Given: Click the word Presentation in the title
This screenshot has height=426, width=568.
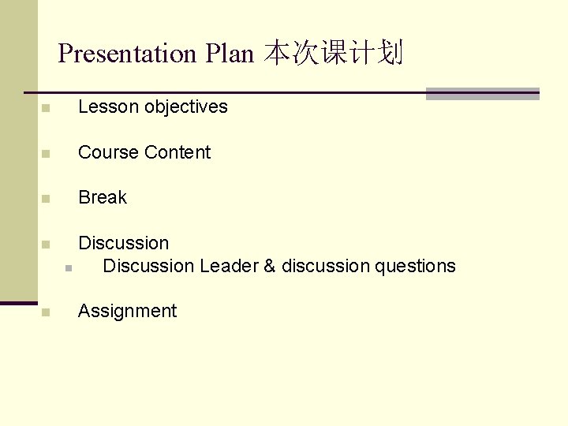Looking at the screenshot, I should pos(127,54).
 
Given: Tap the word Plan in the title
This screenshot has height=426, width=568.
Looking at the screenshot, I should pos(230,54).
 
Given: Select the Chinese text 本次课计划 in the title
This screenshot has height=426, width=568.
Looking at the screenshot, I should pos(334,54).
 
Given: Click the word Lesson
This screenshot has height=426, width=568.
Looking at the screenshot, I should pos(108,107).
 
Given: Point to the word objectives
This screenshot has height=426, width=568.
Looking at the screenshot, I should pos(186,107).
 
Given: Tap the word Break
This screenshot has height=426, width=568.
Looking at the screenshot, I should pos(103,197).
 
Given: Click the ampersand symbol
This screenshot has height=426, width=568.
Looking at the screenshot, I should pos(270,266).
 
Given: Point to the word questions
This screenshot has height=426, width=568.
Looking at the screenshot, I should pos(415,266).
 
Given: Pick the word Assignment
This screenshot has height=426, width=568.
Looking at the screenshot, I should pos(127,311).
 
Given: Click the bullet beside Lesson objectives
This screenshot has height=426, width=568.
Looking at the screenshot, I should pos(47,108).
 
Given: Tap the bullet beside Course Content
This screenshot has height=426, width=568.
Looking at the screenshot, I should pos(47,154).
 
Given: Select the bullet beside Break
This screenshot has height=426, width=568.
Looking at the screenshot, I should pos(47,199).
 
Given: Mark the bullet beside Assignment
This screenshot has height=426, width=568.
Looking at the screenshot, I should pos(47,312).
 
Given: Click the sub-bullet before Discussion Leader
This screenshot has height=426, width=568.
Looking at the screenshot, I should pos(69,268).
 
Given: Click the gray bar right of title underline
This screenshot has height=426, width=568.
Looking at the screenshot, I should pos(482,94).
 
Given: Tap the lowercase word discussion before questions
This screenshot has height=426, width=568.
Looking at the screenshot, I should pos(325,266).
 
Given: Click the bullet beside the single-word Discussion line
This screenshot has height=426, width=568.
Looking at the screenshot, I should pos(47,244).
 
